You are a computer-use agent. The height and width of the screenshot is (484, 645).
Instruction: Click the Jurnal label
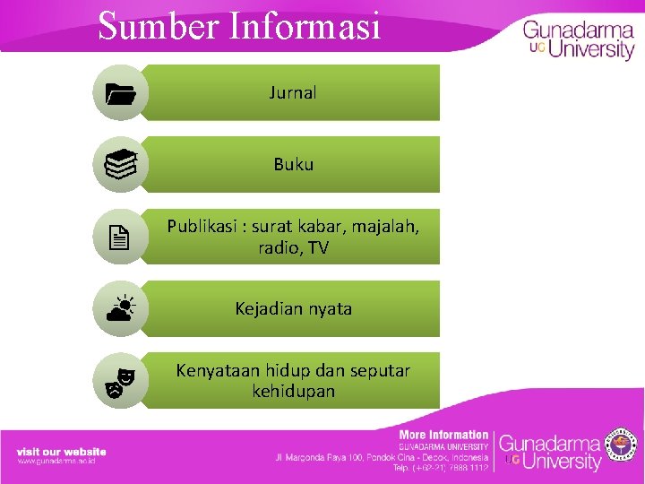tap(293, 92)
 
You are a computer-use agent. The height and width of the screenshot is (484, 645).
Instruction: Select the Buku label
tap(293, 164)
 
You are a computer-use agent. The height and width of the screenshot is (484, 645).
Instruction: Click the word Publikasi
tap(201, 226)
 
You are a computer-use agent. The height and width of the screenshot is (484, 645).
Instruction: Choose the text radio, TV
tap(293, 248)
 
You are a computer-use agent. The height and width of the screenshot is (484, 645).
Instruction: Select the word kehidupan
tap(293, 392)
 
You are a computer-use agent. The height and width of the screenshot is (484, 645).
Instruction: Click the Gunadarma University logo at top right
tap(579, 39)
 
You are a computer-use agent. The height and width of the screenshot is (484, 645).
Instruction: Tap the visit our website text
tap(62, 452)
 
